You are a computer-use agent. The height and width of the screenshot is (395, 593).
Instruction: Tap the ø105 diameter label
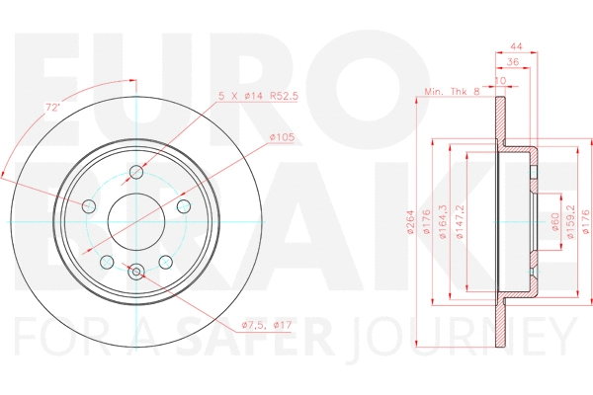coord(283,137)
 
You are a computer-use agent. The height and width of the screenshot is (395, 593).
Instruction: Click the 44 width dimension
coord(517,46)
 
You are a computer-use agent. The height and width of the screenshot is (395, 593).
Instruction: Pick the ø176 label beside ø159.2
coord(586,218)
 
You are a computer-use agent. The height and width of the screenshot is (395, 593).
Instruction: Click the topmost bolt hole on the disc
coord(137,173)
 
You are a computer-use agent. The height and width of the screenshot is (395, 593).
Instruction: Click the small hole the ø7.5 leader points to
coord(137,272)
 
